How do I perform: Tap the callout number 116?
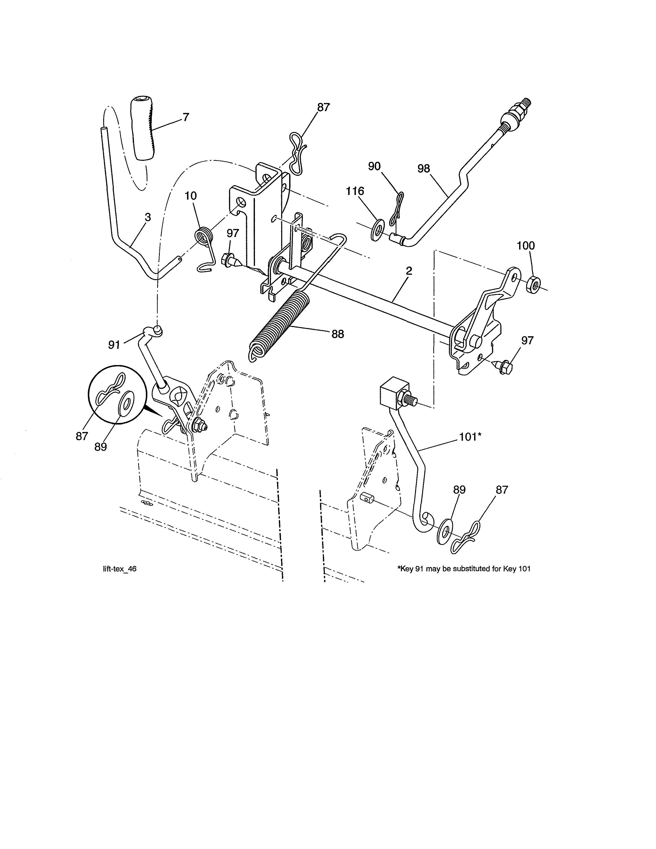pyautogui.click(x=355, y=191)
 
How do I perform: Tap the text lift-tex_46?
pyautogui.click(x=119, y=569)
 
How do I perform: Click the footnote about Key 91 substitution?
pyautogui.click(x=464, y=569)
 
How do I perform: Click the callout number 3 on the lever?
pyautogui.click(x=148, y=217)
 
